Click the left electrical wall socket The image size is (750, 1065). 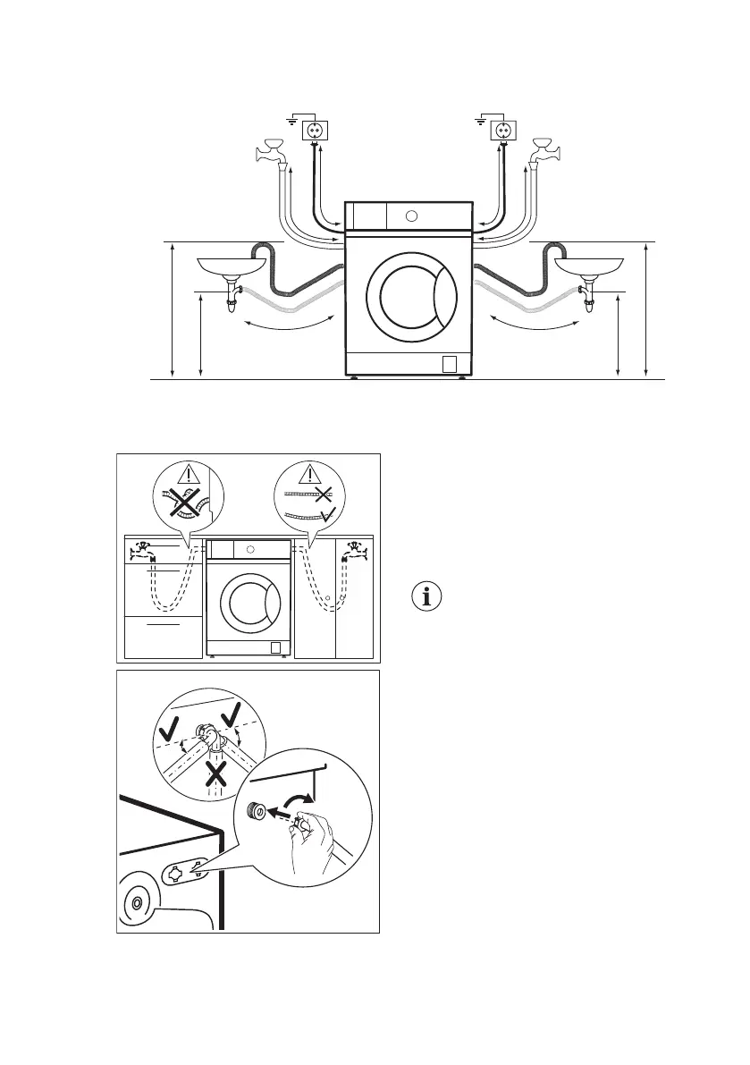[315, 131]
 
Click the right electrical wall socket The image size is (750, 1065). [503, 131]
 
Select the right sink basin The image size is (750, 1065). [590, 266]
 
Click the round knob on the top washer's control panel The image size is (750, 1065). [410, 216]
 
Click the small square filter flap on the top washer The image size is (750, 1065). [450, 363]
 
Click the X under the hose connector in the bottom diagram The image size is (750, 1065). [216, 773]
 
